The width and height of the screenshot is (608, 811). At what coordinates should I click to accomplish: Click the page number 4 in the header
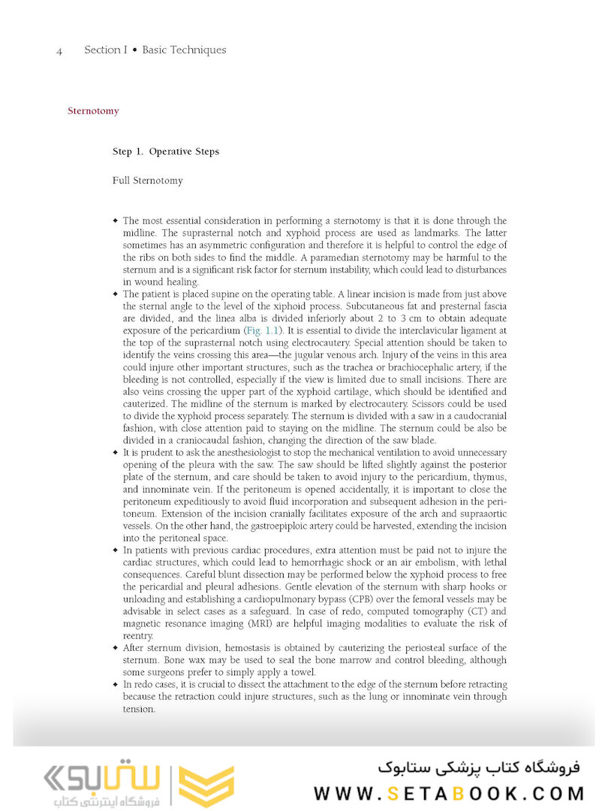[x=59, y=51]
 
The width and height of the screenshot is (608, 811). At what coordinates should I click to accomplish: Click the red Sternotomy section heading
[x=93, y=111]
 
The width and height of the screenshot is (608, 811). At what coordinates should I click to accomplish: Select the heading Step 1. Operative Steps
[x=166, y=152]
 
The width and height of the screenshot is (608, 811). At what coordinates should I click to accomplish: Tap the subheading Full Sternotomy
[x=147, y=181]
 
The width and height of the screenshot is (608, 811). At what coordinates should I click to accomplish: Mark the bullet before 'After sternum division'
[x=115, y=647]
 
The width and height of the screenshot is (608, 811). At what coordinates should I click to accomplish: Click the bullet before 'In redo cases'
[x=115, y=684]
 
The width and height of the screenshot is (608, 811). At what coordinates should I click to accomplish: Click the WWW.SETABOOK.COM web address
[x=448, y=793]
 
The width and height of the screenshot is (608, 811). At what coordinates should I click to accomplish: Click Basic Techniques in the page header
[x=184, y=50]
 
